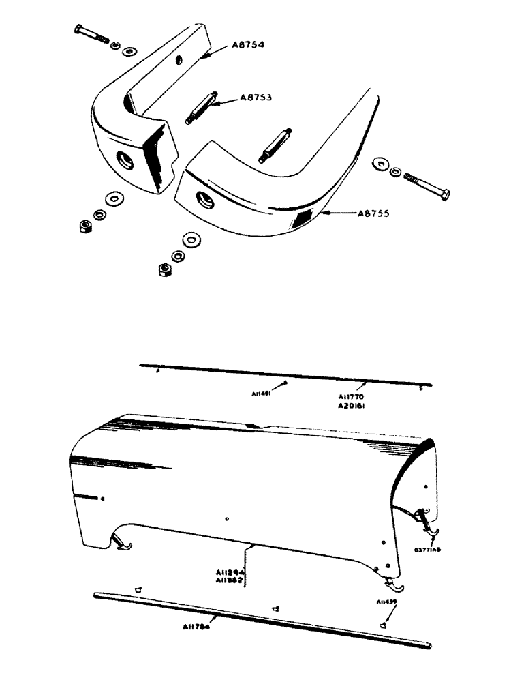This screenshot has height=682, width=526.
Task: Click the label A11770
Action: (x=354, y=395)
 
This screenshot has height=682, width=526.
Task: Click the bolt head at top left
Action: (x=76, y=29)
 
